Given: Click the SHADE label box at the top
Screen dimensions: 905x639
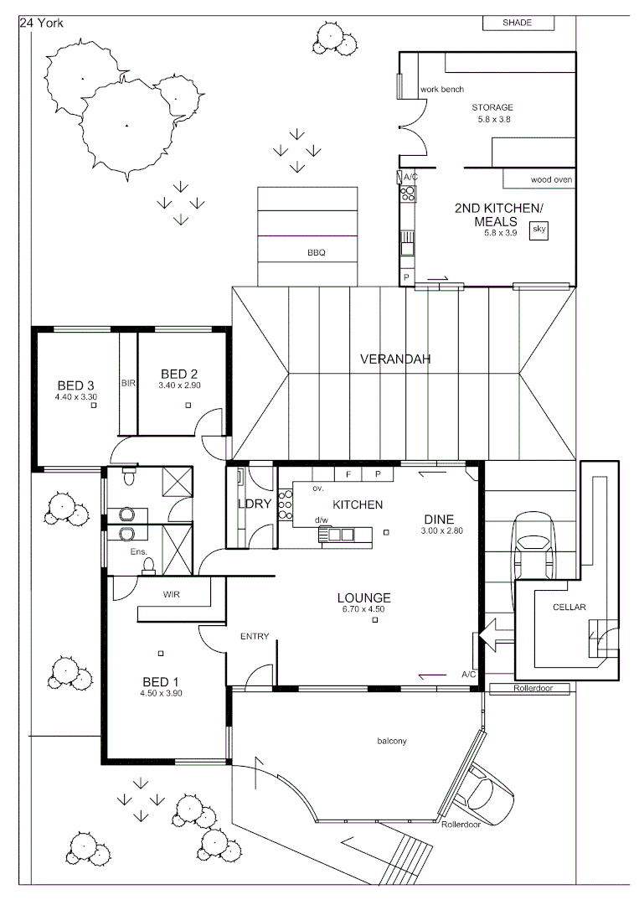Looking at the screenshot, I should tap(518, 23).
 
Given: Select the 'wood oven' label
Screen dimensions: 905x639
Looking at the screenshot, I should tap(551, 180).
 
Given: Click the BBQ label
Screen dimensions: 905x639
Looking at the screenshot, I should tap(316, 252).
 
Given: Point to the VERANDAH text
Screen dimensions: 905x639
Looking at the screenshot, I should tap(394, 359).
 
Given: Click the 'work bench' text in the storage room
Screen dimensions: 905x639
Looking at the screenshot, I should tap(442, 90).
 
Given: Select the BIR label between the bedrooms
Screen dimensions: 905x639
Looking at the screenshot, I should tap(128, 383).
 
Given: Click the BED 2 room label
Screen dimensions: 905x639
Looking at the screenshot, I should tap(180, 374).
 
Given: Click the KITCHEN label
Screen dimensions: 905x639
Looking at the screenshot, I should tap(358, 504).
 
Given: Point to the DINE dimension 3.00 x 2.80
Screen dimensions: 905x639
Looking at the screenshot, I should tap(441, 531).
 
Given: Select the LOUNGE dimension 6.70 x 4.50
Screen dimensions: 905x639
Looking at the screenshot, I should tap(363, 609).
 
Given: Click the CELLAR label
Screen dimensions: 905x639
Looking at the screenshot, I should tap(569, 607).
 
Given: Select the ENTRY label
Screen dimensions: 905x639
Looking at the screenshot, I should tap(255, 636).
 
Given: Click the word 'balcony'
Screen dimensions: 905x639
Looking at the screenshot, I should tap(392, 741).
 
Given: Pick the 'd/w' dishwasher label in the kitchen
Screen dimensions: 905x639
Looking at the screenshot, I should tap(321, 520).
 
